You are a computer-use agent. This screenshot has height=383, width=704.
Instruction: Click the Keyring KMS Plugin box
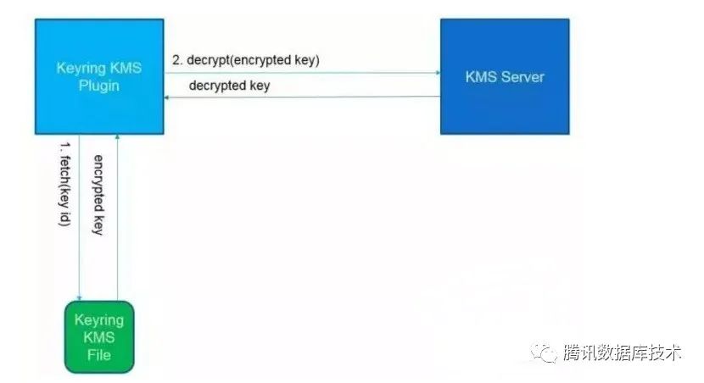point(98,76)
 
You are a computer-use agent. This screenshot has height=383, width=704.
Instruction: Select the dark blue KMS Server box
point(504,76)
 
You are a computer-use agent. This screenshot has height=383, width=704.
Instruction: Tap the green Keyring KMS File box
point(99,336)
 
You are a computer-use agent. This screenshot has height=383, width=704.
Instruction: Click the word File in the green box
point(99,353)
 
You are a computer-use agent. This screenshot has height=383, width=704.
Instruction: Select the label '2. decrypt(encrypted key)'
point(246,60)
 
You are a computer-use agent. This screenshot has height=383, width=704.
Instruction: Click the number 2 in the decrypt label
point(177,60)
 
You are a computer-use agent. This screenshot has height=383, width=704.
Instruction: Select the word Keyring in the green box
point(99,320)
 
